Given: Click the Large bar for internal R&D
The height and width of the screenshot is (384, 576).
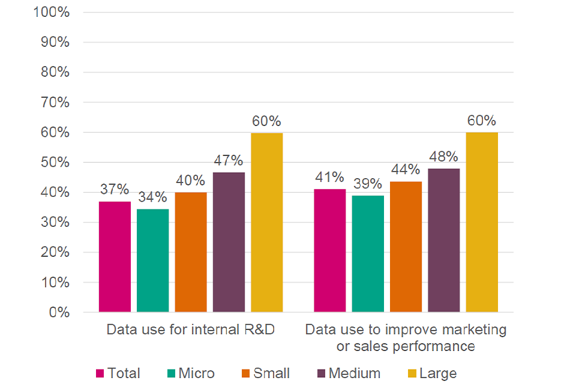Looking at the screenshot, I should point(266,223).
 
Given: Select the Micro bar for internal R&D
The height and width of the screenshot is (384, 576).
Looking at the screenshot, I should point(152,260).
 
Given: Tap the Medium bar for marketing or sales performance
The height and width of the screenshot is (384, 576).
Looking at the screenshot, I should point(444,240).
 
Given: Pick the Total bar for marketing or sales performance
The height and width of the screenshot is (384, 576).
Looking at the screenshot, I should point(330,250).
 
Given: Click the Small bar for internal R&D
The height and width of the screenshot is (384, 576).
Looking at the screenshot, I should point(191,252).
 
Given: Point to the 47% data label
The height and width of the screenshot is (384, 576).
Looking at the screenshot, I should point(229,160).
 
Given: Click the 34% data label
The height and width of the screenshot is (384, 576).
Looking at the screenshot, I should point(152,197).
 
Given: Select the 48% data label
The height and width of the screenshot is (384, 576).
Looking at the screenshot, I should point(444,157).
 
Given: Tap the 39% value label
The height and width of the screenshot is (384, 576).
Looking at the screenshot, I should point(368,184).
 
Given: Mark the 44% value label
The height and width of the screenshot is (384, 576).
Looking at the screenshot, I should point(406,170).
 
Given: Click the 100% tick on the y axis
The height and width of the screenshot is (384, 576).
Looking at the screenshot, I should point(53,13).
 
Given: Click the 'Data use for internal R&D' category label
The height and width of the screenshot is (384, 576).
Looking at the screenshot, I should point(190,330).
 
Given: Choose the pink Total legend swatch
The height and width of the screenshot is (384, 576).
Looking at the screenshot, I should point(100,374).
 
